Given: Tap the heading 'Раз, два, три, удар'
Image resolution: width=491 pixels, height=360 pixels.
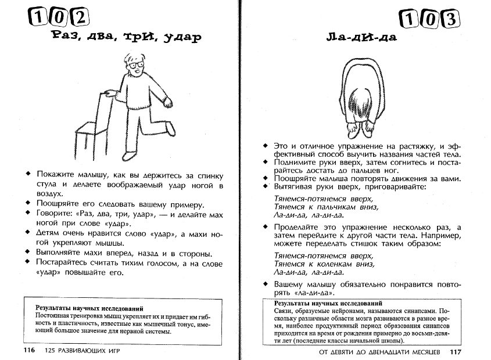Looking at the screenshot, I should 126,38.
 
